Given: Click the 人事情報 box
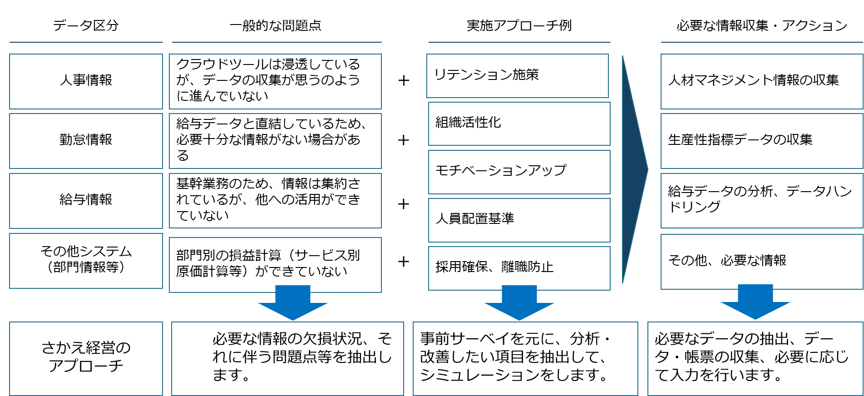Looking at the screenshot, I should point(86,81).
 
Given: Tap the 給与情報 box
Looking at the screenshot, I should point(86,201).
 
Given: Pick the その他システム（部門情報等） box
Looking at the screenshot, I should point(86,261).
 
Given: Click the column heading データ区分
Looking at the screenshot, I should point(86,25).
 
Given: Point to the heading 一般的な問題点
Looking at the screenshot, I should point(276,25).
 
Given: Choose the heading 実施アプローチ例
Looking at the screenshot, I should point(519,25).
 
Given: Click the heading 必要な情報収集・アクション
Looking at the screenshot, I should point(761,25).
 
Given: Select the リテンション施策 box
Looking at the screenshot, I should point(517,75).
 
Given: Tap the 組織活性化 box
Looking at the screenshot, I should point(519,124).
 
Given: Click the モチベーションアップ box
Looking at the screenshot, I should point(519,172).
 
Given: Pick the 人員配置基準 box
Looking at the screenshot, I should point(519,220).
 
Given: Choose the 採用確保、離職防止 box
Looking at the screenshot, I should point(519,267).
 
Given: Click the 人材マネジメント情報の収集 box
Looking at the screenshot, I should point(761,81).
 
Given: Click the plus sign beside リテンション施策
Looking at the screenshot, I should point(404,81).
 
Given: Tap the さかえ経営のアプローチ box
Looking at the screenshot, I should point(86,358).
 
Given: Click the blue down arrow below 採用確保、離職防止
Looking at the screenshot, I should point(519,303).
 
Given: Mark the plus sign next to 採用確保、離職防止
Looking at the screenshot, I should point(404,262).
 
